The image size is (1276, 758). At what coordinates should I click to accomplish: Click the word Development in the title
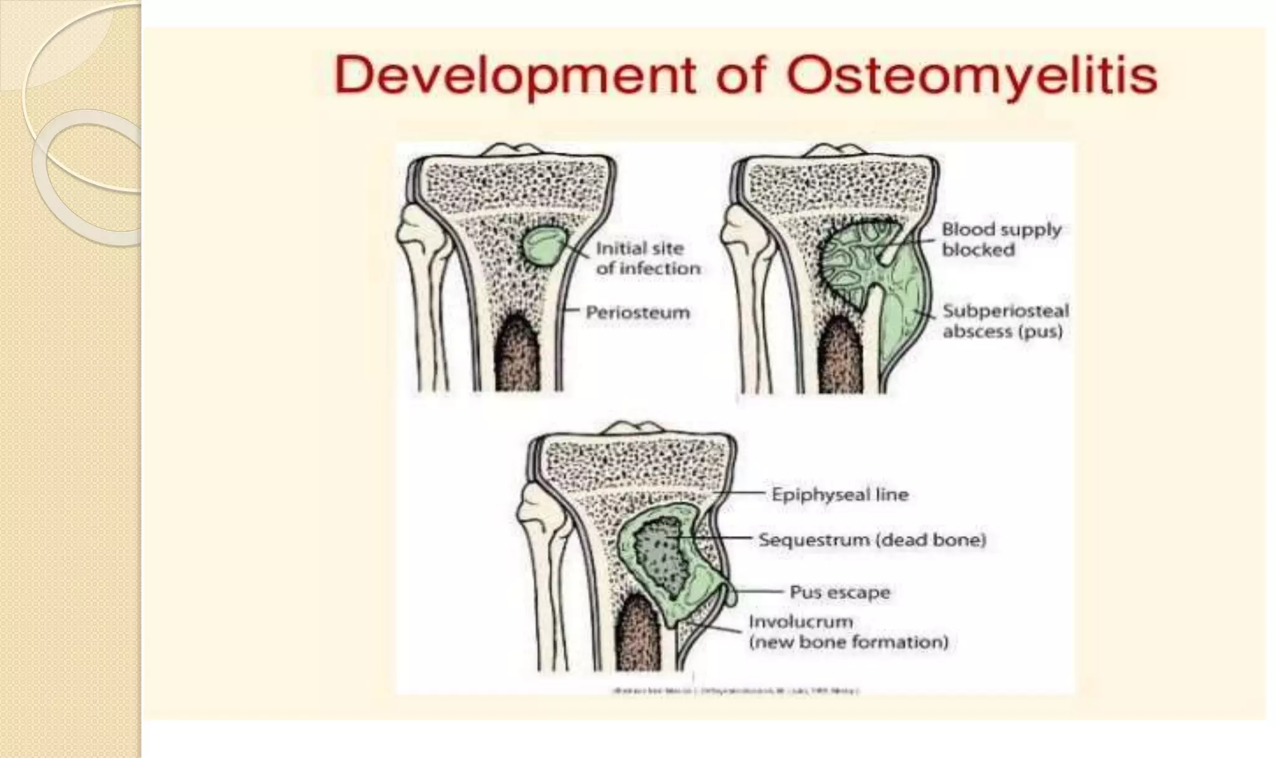[x=514, y=76]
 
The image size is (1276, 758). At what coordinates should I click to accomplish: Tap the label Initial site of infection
[x=648, y=258]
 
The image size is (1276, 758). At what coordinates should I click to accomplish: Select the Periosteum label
[x=637, y=312]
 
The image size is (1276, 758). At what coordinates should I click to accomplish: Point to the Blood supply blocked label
[x=1001, y=239]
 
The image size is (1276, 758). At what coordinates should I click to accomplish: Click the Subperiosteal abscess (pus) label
[x=1005, y=321]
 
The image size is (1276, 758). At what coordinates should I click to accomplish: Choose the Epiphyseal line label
[x=839, y=495]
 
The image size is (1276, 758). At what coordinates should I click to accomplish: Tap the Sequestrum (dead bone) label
[x=872, y=539]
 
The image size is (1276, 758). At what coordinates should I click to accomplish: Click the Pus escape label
[x=839, y=592]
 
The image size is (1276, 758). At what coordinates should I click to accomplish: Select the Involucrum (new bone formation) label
[x=847, y=632]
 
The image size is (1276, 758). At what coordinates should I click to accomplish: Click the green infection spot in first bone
[x=543, y=245]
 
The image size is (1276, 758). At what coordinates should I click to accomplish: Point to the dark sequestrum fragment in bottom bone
[x=662, y=554]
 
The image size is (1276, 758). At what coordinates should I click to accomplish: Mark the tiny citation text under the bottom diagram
[x=735, y=691]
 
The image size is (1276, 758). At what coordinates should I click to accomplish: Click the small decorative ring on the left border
[x=87, y=178]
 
